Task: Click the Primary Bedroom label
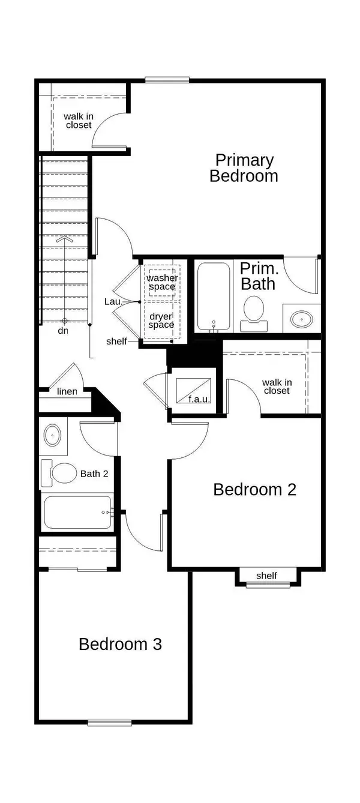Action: coord(244,168)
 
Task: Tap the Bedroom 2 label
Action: coord(254,489)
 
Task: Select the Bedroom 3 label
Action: coord(120,644)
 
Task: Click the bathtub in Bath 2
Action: coord(77,512)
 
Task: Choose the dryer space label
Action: coord(161,320)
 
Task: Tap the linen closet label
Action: coord(67,391)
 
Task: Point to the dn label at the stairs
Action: coord(62,331)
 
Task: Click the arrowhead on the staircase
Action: coord(64,239)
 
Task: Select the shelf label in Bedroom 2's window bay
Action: coord(266,576)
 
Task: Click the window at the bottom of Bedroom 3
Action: coord(109,723)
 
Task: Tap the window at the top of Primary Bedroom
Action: coord(167,79)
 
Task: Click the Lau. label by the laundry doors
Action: coord(113,302)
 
